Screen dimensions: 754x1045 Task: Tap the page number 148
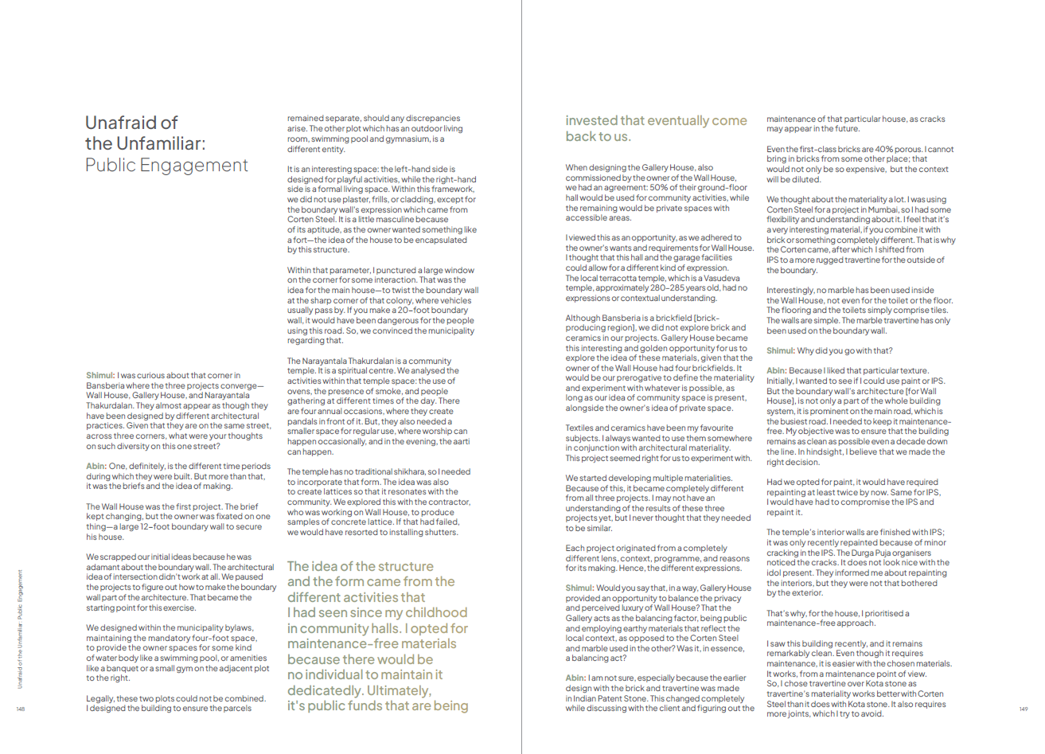21,709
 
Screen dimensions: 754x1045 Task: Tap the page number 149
1024,709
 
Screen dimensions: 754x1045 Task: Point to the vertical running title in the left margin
21,629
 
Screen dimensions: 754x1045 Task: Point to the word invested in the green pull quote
591,121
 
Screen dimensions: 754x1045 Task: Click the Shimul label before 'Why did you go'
780,350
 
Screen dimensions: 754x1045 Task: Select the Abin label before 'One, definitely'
96,466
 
